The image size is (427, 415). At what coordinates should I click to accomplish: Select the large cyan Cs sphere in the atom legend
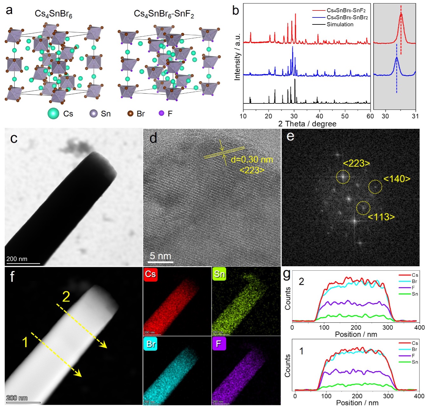click(x=53, y=114)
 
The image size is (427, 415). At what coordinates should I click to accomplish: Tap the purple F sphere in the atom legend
click(x=162, y=113)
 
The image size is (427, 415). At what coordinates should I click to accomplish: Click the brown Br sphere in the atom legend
click(x=130, y=113)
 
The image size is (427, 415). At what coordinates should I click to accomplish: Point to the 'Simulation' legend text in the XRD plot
click(x=340, y=24)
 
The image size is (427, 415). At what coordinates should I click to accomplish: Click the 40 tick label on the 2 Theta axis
click(x=319, y=116)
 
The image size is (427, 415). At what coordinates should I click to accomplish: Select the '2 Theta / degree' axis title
click(x=307, y=124)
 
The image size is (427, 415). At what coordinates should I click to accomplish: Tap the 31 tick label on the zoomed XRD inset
click(x=415, y=116)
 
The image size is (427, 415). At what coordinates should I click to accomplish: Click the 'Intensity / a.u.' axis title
click(x=237, y=56)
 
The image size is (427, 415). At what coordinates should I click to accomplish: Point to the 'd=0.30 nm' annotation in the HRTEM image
click(x=252, y=159)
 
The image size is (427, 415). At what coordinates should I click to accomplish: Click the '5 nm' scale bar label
click(x=160, y=256)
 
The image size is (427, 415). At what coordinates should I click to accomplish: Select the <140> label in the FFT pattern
click(x=397, y=179)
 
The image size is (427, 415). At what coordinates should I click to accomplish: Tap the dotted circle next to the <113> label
click(x=364, y=208)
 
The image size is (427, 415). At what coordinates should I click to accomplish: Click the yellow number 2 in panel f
click(x=66, y=297)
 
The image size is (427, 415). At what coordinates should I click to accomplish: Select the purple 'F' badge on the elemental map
click(x=219, y=344)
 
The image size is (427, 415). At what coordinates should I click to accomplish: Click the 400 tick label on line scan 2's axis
click(x=420, y=327)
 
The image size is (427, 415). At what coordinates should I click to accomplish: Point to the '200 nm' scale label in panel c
click(x=17, y=259)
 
